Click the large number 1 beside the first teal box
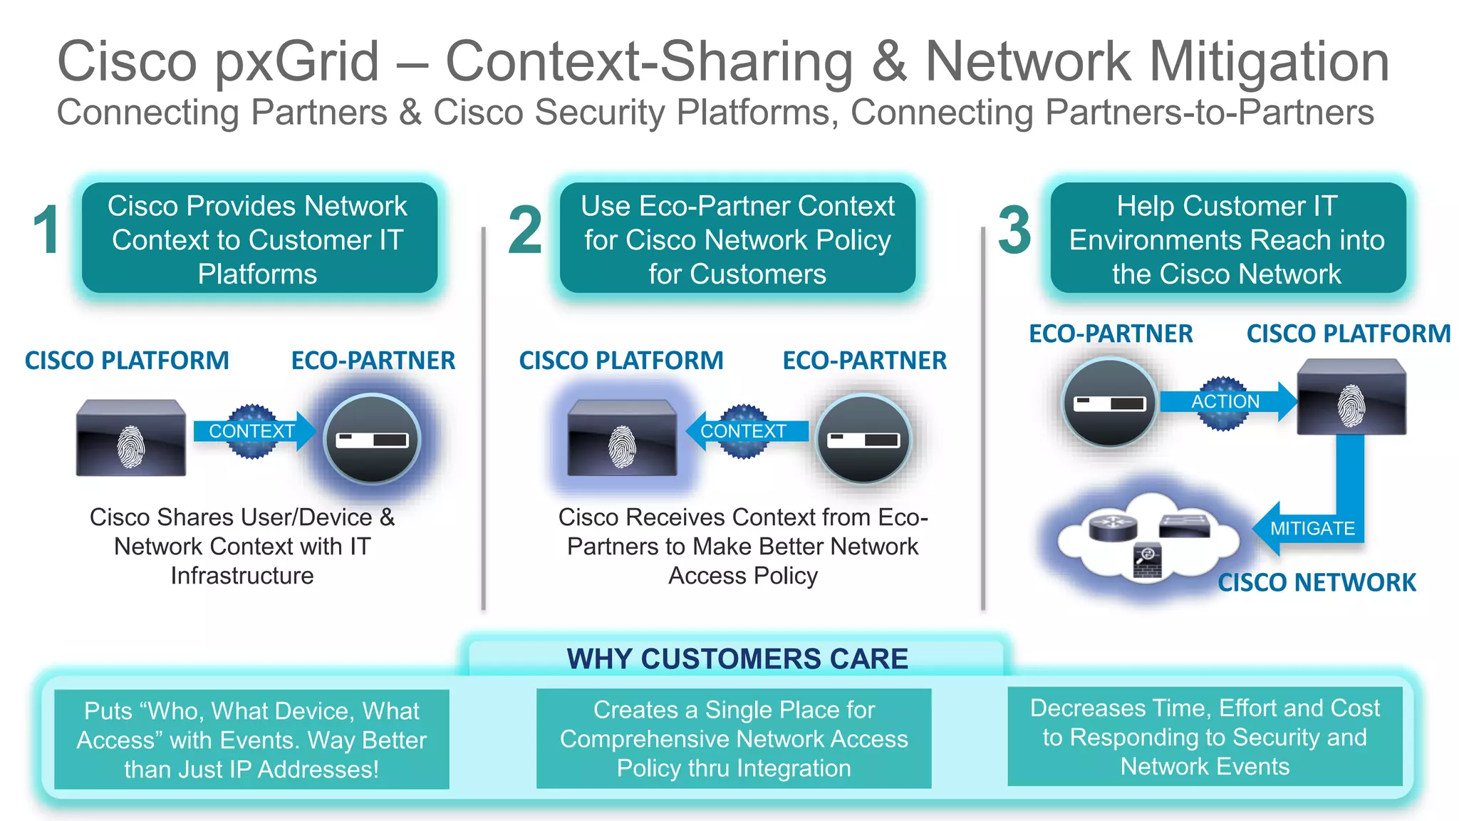47,229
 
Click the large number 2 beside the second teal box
525,229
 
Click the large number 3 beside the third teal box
1014,229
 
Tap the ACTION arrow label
1225,402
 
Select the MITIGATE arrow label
1312,528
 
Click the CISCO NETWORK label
1317,582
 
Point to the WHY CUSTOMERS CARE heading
737,659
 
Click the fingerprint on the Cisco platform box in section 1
130,447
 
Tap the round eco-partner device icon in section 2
863,439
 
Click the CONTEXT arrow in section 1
251,431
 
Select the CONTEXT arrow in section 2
743,431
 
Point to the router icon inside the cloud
1112,527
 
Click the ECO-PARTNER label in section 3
1110,334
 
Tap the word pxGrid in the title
297,63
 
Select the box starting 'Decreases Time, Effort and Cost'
1204,737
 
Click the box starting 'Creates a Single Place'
734,738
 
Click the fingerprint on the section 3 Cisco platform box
1351,406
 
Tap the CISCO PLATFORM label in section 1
127,361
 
